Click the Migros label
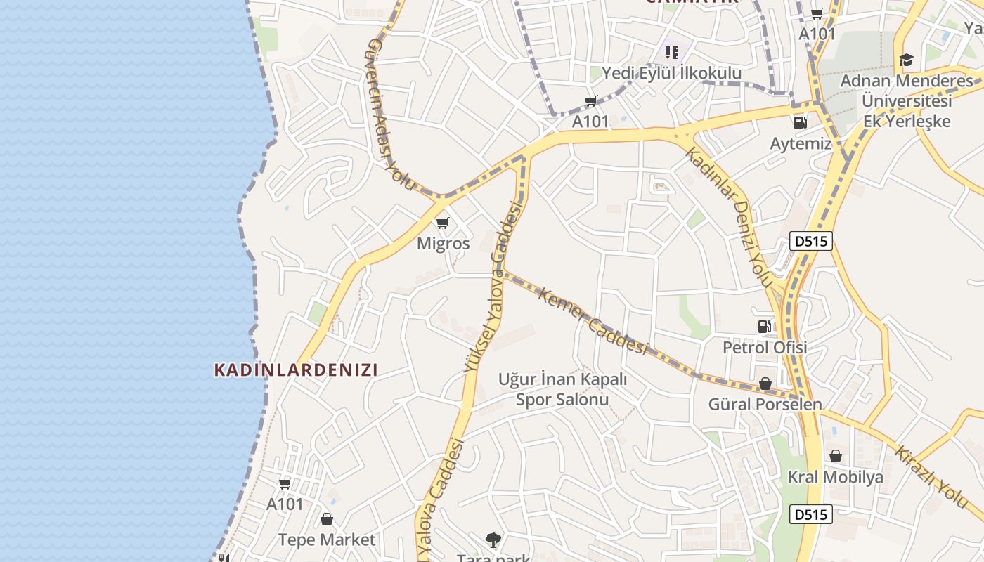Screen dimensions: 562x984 [443, 244]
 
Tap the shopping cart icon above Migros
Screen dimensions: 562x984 [442, 223]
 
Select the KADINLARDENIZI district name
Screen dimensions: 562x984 [296, 370]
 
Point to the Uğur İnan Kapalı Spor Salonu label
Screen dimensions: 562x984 [562, 389]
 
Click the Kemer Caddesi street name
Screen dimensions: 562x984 [592, 320]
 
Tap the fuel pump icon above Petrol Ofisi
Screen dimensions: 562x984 [764, 326]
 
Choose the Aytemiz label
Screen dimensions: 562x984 [801, 144]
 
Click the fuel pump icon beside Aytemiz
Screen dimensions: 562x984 [800, 123]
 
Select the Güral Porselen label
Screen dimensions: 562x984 [765, 405]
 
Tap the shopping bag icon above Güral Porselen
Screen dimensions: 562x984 [765, 384]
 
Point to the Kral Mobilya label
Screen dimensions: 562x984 [835, 478]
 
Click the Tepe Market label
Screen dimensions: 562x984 [327, 540]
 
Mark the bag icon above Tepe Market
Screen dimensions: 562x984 [327, 519]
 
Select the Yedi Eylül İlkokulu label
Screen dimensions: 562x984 [671, 73]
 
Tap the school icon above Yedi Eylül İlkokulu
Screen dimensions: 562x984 [671, 52]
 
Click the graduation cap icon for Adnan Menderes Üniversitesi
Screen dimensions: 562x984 [906, 60]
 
